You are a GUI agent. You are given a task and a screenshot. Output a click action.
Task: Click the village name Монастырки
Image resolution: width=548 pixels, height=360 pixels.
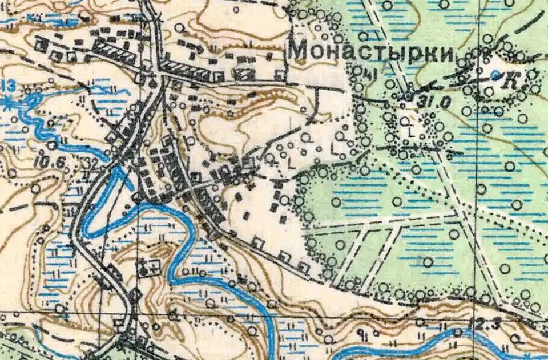[371, 52]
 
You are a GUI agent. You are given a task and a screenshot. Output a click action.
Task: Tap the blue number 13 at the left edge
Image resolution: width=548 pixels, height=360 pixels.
[7, 86]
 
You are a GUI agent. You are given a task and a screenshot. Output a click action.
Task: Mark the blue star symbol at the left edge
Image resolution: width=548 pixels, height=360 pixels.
[7, 104]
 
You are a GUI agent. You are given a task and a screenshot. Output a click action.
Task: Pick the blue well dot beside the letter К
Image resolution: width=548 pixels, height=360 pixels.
[496, 74]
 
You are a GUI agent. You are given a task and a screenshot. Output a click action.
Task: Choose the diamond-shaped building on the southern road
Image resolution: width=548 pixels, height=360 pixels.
[135, 295]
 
